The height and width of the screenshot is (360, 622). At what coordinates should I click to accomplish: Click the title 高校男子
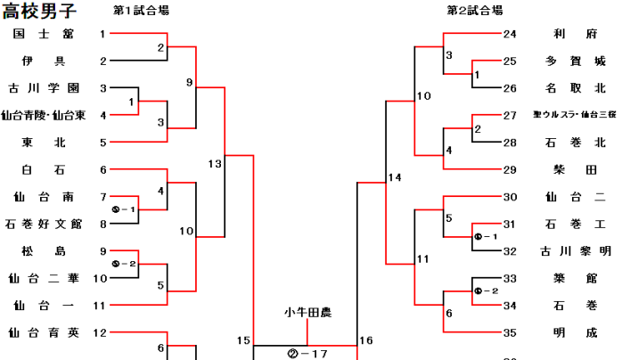pos(39,12)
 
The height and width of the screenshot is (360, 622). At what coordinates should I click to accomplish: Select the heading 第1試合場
pos(141,11)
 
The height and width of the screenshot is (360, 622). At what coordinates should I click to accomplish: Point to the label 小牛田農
pos(307,312)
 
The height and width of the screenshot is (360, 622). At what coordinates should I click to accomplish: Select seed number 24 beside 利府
pos(510,34)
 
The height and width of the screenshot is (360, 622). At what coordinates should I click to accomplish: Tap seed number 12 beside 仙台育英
pos(103,333)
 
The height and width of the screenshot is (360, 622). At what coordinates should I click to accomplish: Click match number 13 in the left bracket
pos(215,164)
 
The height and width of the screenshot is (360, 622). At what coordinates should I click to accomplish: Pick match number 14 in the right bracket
pos(395,177)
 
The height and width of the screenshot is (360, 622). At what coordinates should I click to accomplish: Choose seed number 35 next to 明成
pos(510,333)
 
